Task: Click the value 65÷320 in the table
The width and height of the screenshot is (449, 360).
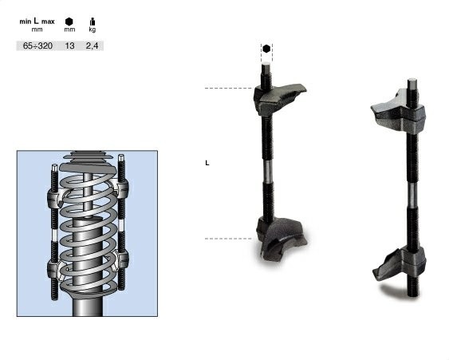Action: pyautogui.click(x=37, y=45)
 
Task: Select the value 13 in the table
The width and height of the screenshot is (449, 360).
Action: pyautogui.click(x=69, y=45)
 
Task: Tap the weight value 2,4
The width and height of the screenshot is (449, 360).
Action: pyautogui.click(x=92, y=45)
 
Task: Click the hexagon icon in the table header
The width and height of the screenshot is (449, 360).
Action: pyautogui.click(x=69, y=22)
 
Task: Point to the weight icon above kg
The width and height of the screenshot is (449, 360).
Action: pyautogui.click(x=93, y=22)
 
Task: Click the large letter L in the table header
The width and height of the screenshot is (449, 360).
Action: pyautogui.click(x=36, y=21)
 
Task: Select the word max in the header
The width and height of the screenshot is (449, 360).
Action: pyautogui.click(x=48, y=22)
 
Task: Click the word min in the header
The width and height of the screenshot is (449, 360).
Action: pyautogui.click(x=26, y=22)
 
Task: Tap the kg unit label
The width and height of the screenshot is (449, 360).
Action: pyautogui.click(x=93, y=30)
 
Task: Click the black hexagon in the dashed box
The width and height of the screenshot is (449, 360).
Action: pyautogui.click(x=266, y=49)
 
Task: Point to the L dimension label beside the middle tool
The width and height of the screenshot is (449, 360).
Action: pyautogui.click(x=207, y=163)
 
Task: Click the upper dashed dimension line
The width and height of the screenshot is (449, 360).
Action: pyautogui.click(x=229, y=89)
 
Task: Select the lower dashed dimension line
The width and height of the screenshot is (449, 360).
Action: pyautogui.click(x=228, y=239)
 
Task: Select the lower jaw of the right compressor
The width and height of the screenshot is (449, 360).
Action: pyautogui.click(x=400, y=263)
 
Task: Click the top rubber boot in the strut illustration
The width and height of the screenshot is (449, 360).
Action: pyautogui.click(x=89, y=157)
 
